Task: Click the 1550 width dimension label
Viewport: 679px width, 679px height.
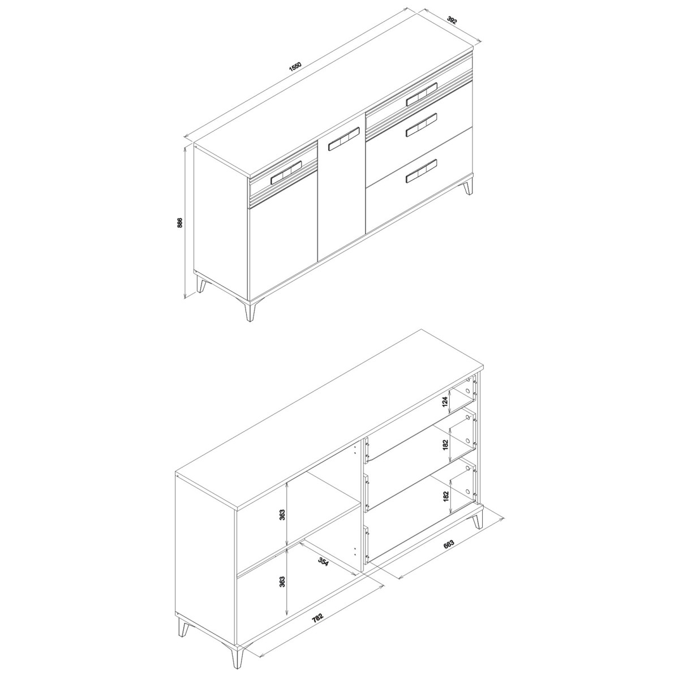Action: click(295, 67)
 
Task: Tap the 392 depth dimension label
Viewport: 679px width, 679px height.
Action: click(452, 19)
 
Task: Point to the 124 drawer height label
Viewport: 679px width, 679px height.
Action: click(445, 401)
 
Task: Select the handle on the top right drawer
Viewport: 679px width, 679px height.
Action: click(422, 94)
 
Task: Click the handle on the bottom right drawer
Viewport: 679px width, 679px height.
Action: click(422, 171)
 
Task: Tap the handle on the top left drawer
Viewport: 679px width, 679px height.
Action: click(286, 173)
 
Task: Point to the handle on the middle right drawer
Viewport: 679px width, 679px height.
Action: click(422, 124)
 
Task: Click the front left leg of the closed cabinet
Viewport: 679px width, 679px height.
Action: click(251, 310)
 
